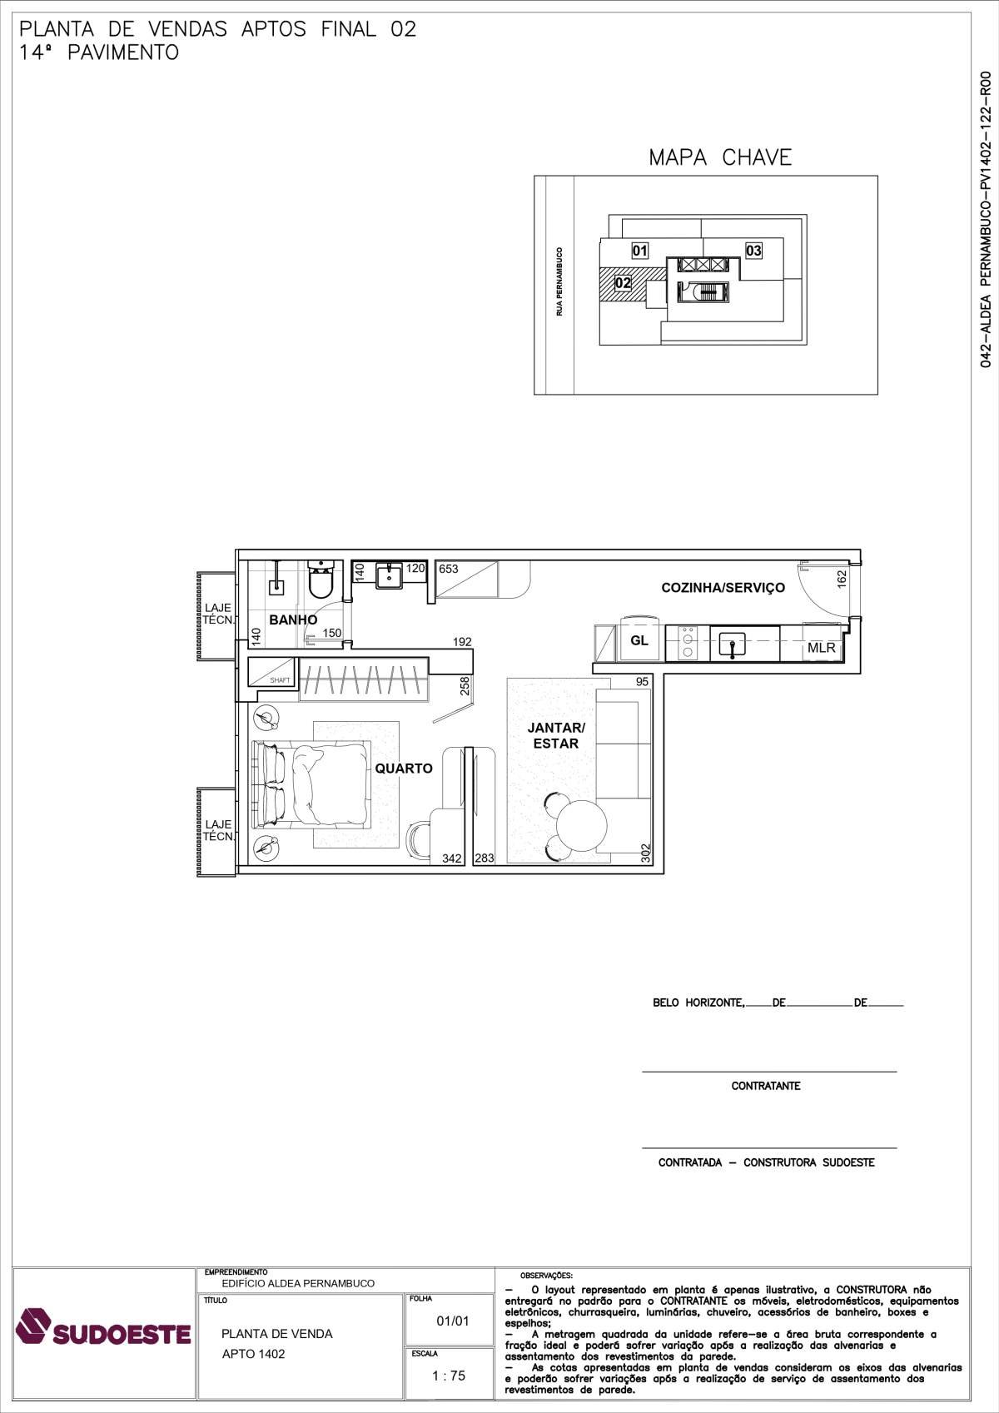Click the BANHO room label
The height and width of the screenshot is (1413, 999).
tap(293, 619)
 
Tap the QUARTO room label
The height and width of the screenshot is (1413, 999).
tap(404, 769)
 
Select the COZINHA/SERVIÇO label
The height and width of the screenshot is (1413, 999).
tap(723, 587)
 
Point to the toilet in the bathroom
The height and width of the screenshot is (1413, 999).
tap(321, 579)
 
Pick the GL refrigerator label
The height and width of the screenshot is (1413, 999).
tap(639, 640)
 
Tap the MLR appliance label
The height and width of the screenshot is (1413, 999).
tap(821, 648)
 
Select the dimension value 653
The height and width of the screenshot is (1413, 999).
tap(449, 569)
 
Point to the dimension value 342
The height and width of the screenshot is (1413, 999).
tap(451, 858)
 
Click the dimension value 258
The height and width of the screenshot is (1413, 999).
tap(465, 685)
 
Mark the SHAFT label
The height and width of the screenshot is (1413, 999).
tap(280, 680)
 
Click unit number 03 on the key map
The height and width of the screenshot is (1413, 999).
tap(753, 251)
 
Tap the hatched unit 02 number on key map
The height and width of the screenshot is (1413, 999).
tap(623, 282)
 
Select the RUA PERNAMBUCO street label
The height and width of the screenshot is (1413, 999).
tap(559, 281)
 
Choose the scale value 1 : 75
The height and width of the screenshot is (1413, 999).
tap(449, 1376)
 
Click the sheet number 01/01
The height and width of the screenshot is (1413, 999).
tap(453, 1321)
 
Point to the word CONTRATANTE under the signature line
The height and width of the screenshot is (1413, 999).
tap(766, 1086)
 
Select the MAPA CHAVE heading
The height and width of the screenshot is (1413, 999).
tap(720, 157)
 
